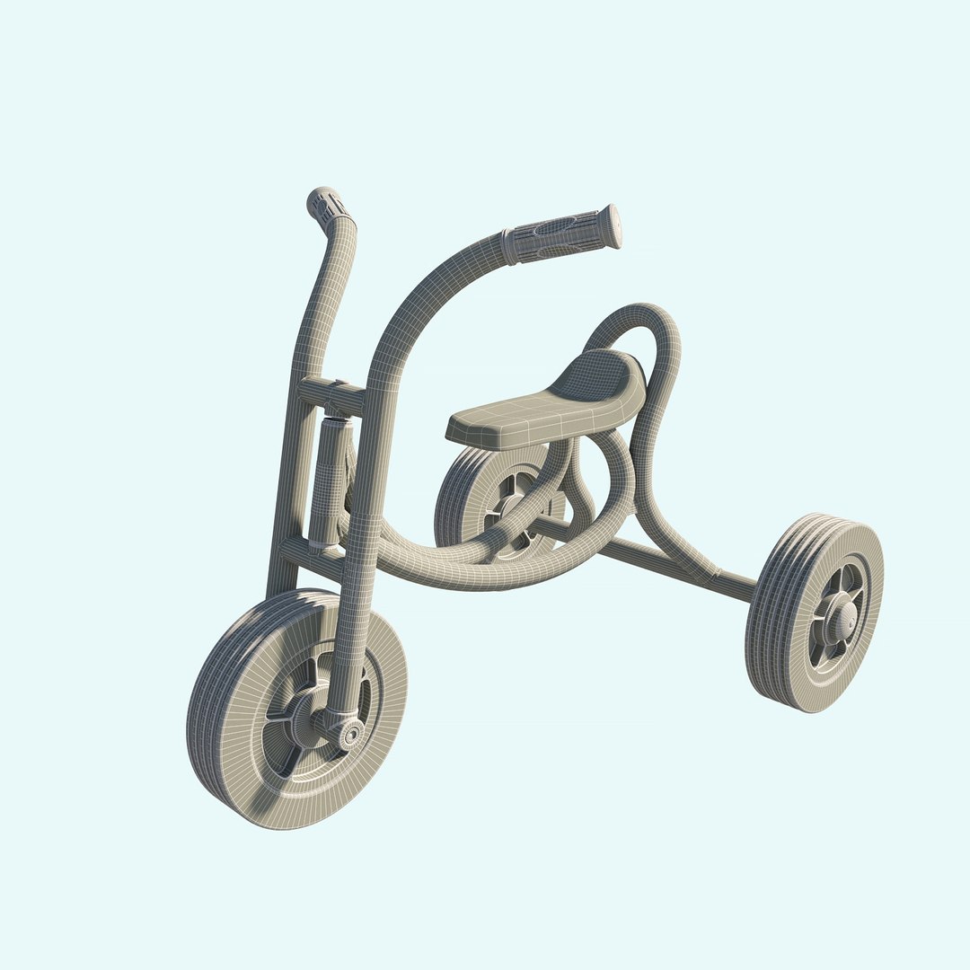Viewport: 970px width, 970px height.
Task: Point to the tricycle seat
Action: [548, 404]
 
